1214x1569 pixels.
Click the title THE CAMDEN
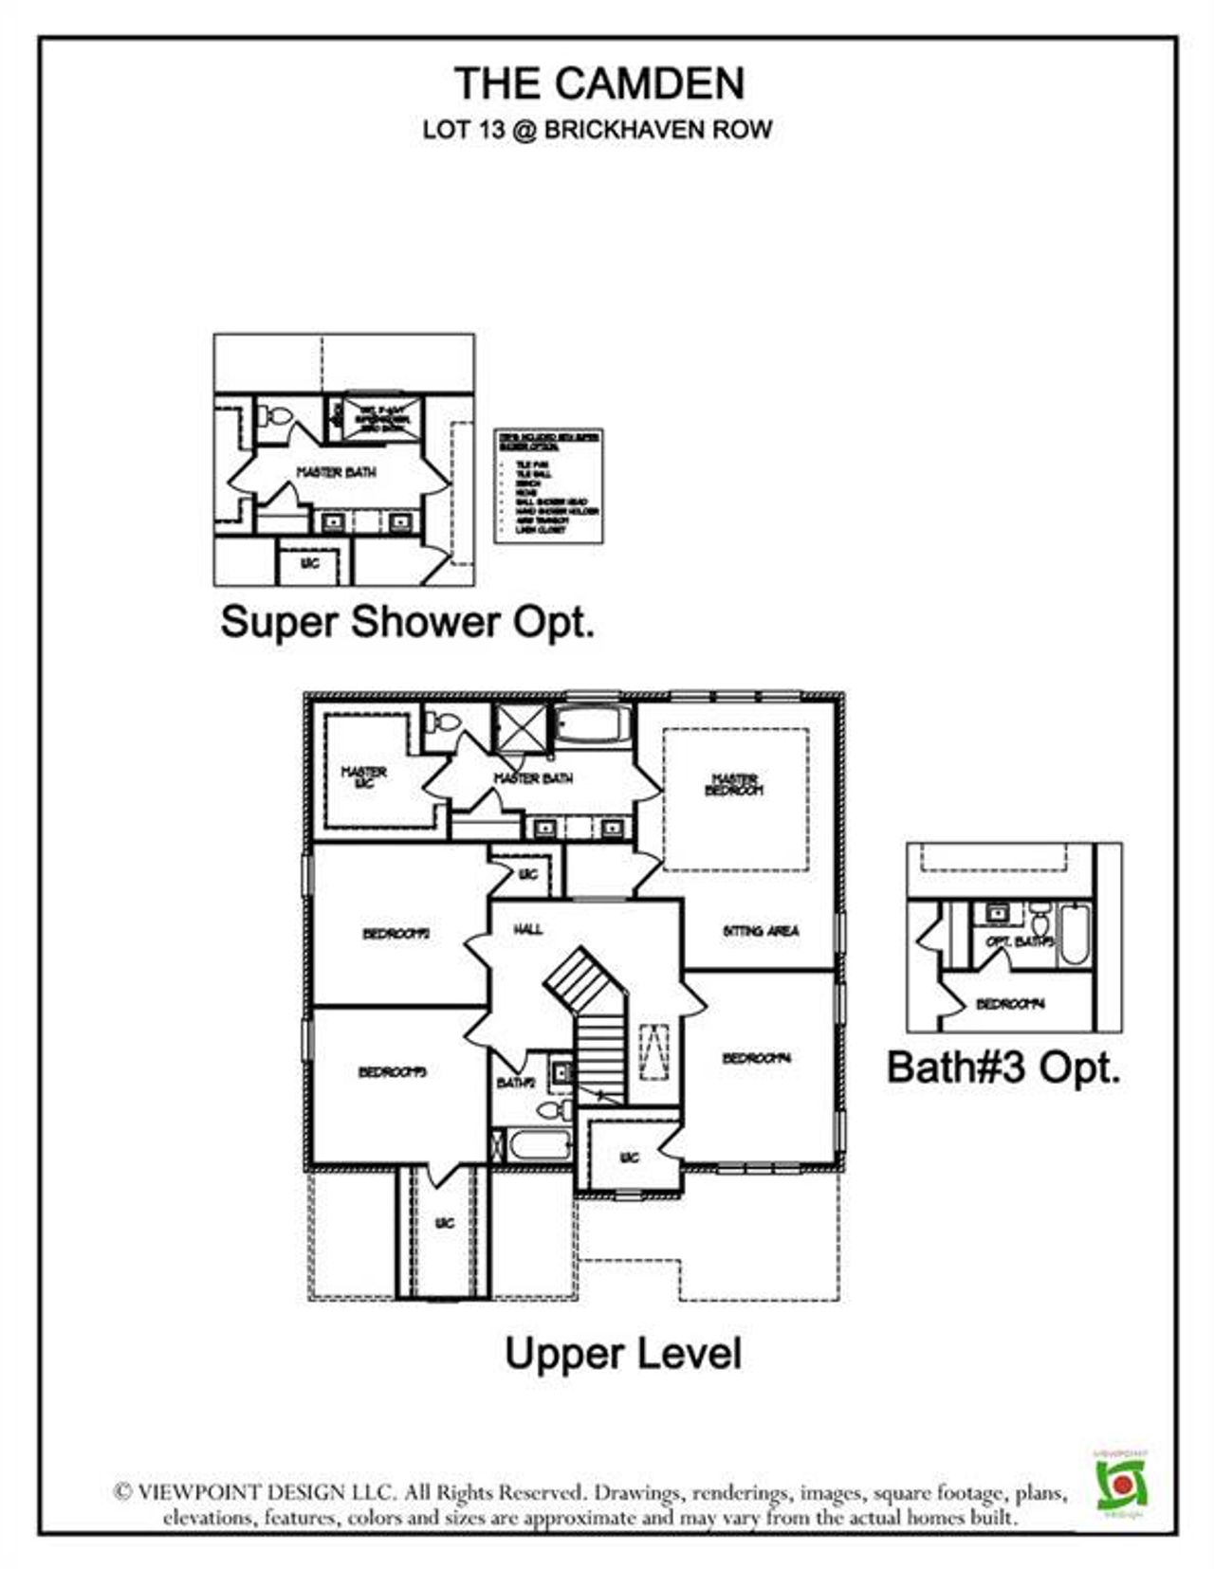599,83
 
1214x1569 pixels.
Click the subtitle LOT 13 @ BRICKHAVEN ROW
598,130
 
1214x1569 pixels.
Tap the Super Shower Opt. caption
408,623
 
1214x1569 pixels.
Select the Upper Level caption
622,1353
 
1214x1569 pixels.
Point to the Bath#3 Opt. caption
1003,1067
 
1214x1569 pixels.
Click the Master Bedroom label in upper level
735,784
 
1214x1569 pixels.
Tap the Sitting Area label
761,931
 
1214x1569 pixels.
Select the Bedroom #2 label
396,934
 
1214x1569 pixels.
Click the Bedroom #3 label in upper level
392,1072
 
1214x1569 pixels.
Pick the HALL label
528,929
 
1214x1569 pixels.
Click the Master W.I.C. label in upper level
363,777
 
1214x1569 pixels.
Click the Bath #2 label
516,1083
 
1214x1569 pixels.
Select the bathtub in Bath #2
539,1143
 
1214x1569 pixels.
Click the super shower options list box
549,486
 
